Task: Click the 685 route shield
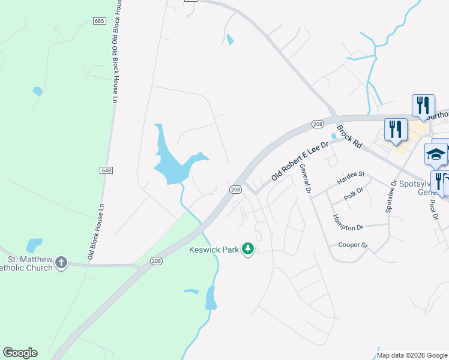point(100,21)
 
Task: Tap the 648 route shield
point(106,170)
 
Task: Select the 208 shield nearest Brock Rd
point(318,124)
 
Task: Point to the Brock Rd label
point(350,136)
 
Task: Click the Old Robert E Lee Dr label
point(301,161)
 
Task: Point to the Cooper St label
point(352,245)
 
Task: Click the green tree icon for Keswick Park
point(247,249)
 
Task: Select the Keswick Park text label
point(214,249)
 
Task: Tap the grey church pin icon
point(61,262)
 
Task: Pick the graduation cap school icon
point(436,155)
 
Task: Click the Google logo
point(20,353)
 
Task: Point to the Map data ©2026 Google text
point(412,355)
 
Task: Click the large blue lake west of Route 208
point(171,162)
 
